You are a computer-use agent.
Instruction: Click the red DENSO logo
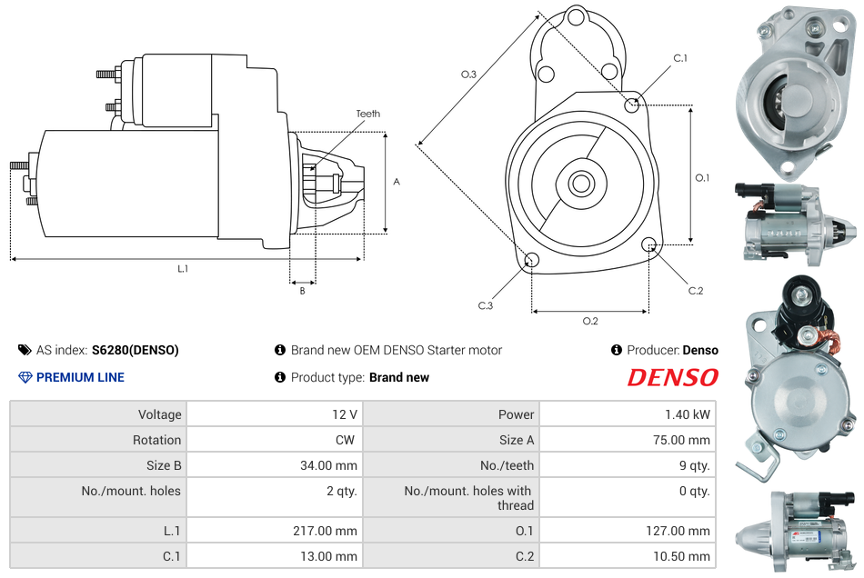pos(672,378)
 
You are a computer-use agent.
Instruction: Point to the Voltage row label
pos(159,414)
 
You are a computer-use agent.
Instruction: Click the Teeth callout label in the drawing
pos(368,114)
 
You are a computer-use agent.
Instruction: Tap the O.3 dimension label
pos(468,75)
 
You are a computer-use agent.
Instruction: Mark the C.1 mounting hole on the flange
pos(632,104)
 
